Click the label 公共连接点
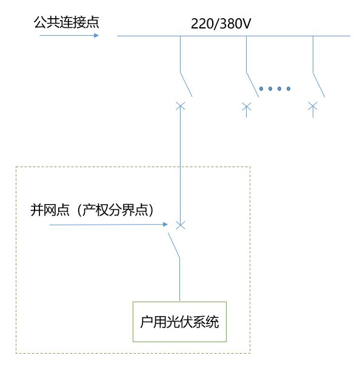pyautogui.click(x=66, y=23)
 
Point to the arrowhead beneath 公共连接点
pyautogui.click(x=95, y=36)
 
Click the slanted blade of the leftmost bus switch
pyautogui.click(x=185, y=85)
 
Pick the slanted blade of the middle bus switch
pyautogui.click(x=252, y=85)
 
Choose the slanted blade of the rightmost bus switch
pyautogui.click(x=318, y=85)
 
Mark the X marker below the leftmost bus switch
pyautogui.click(x=180, y=106)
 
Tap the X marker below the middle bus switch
pyautogui.click(x=246, y=107)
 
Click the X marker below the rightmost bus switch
pyautogui.click(x=313, y=107)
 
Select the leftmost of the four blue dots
pyautogui.click(x=261, y=89)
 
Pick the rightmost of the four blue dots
pyautogui.click(x=288, y=89)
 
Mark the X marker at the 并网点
pyautogui.click(x=180, y=225)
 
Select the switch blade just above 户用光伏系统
pyautogui.click(x=175, y=245)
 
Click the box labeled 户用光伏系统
pyautogui.click(x=179, y=322)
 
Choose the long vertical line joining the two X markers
pyautogui.click(x=180, y=164)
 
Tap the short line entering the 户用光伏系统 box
pyautogui.click(x=179, y=280)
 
